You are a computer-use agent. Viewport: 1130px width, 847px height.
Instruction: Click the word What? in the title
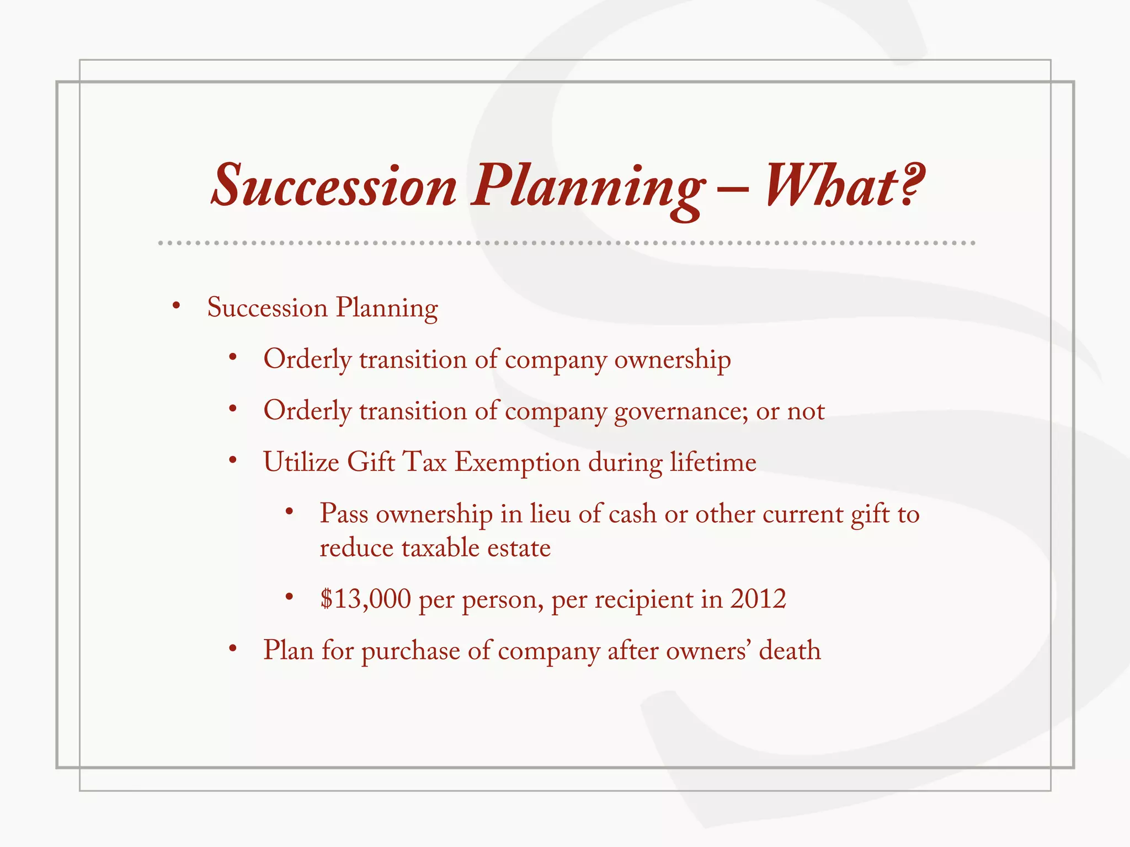pyautogui.click(x=844, y=186)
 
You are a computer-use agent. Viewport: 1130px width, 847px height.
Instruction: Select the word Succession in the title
pyautogui.click(x=334, y=186)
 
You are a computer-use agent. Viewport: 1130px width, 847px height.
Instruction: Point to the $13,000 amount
pyautogui.click(x=366, y=599)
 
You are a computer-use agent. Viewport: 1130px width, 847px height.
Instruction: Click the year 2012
pyautogui.click(x=758, y=599)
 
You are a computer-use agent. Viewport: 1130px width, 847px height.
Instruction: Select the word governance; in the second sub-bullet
pyautogui.click(x=681, y=411)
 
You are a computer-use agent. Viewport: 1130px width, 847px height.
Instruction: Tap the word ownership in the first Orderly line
pyautogui.click(x=673, y=360)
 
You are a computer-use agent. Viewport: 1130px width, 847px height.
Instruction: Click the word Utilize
pyautogui.click(x=301, y=462)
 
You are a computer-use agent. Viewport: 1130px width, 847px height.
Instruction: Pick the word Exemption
pyautogui.click(x=517, y=463)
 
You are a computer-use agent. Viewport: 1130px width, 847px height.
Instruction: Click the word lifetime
pyautogui.click(x=713, y=462)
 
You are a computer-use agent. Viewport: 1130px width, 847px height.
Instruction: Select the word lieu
pyautogui.click(x=550, y=514)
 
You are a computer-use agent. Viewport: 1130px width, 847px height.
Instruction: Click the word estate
pyautogui.click(x=519, y=548)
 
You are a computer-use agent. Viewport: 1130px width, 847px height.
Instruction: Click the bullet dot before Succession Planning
pyautogui.click(x=176, y=306)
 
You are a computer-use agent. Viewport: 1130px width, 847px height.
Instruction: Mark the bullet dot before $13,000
pyautogui.click(x=289, y=597)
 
